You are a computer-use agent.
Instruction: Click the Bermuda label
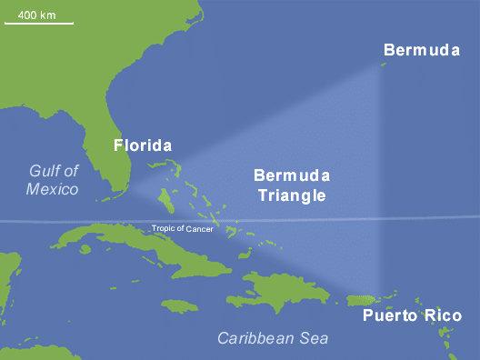point(421,50)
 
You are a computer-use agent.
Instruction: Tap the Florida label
point(142,145)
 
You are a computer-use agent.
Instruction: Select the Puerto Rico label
point(412,315)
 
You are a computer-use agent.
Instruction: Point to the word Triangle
point(291,195)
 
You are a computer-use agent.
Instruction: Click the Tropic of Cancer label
point(182,228)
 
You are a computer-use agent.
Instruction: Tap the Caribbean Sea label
point(273,338)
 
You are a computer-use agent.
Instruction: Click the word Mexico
point(52,189)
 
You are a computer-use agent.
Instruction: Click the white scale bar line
point(39,24)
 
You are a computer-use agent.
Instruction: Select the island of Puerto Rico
point(362,299)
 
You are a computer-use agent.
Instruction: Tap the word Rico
point(441,315)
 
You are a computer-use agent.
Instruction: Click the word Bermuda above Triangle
point(291,175)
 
